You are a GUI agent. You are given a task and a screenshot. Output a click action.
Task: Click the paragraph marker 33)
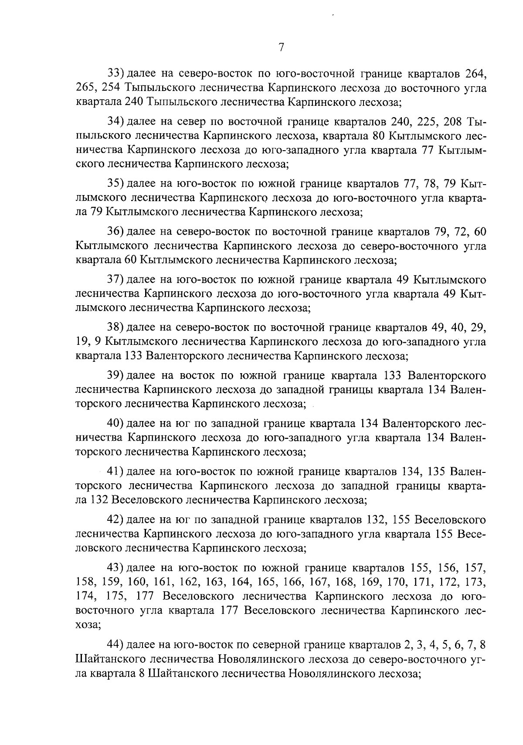point(116,72)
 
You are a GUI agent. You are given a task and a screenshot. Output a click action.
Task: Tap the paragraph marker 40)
point(116,422)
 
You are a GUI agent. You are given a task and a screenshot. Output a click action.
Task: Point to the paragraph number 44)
point(116,644)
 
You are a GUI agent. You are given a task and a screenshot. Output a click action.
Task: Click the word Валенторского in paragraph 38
point(180,357)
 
